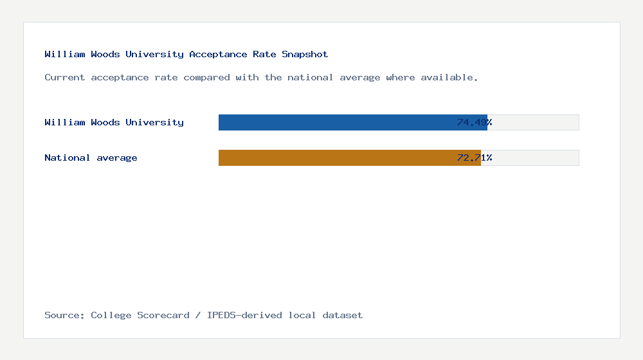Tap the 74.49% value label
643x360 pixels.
[x=475, y=122]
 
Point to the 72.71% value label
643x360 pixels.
[x=475, y=157]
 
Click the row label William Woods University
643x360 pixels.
[x=114, y=122]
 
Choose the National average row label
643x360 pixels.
[x=91, y=157]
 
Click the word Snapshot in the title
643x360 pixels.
[x=305, y=54]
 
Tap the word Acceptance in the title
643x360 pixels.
[x=218, y=54]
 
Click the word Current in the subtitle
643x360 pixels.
[x=64, y=77]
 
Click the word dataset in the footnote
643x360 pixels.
[x=342, y=315]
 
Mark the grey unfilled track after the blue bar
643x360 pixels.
[x=534, y=122]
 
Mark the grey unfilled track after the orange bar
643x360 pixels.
[x=530, y=157]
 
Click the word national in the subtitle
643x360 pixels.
[x=307, y=77]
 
